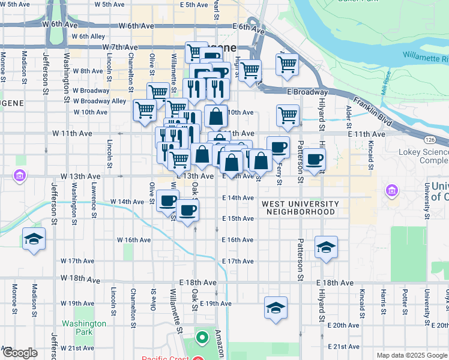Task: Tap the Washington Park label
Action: coord(83,327)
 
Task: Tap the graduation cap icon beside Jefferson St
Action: coord(34,240)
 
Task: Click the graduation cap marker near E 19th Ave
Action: coord(276,308)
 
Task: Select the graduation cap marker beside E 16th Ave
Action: coord(326,247)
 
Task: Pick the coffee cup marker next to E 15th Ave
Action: coord(187,211)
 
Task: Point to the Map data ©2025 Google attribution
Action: coord(412,355)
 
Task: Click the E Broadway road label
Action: coord(307,92)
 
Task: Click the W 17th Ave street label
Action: coord(77,261)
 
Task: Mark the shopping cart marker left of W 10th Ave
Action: coord(145,111)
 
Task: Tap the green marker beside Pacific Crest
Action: coord(202,338)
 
